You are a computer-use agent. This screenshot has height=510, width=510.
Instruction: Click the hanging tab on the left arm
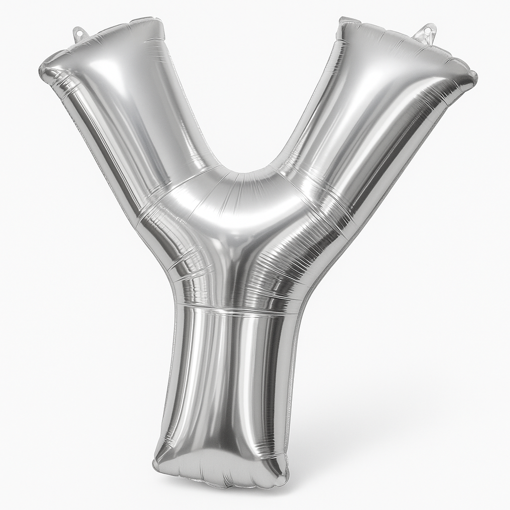tap(80, 33)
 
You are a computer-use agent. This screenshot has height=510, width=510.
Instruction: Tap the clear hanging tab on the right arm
tap(425, 32)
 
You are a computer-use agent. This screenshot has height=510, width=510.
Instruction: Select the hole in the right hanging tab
tap(426, 31)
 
